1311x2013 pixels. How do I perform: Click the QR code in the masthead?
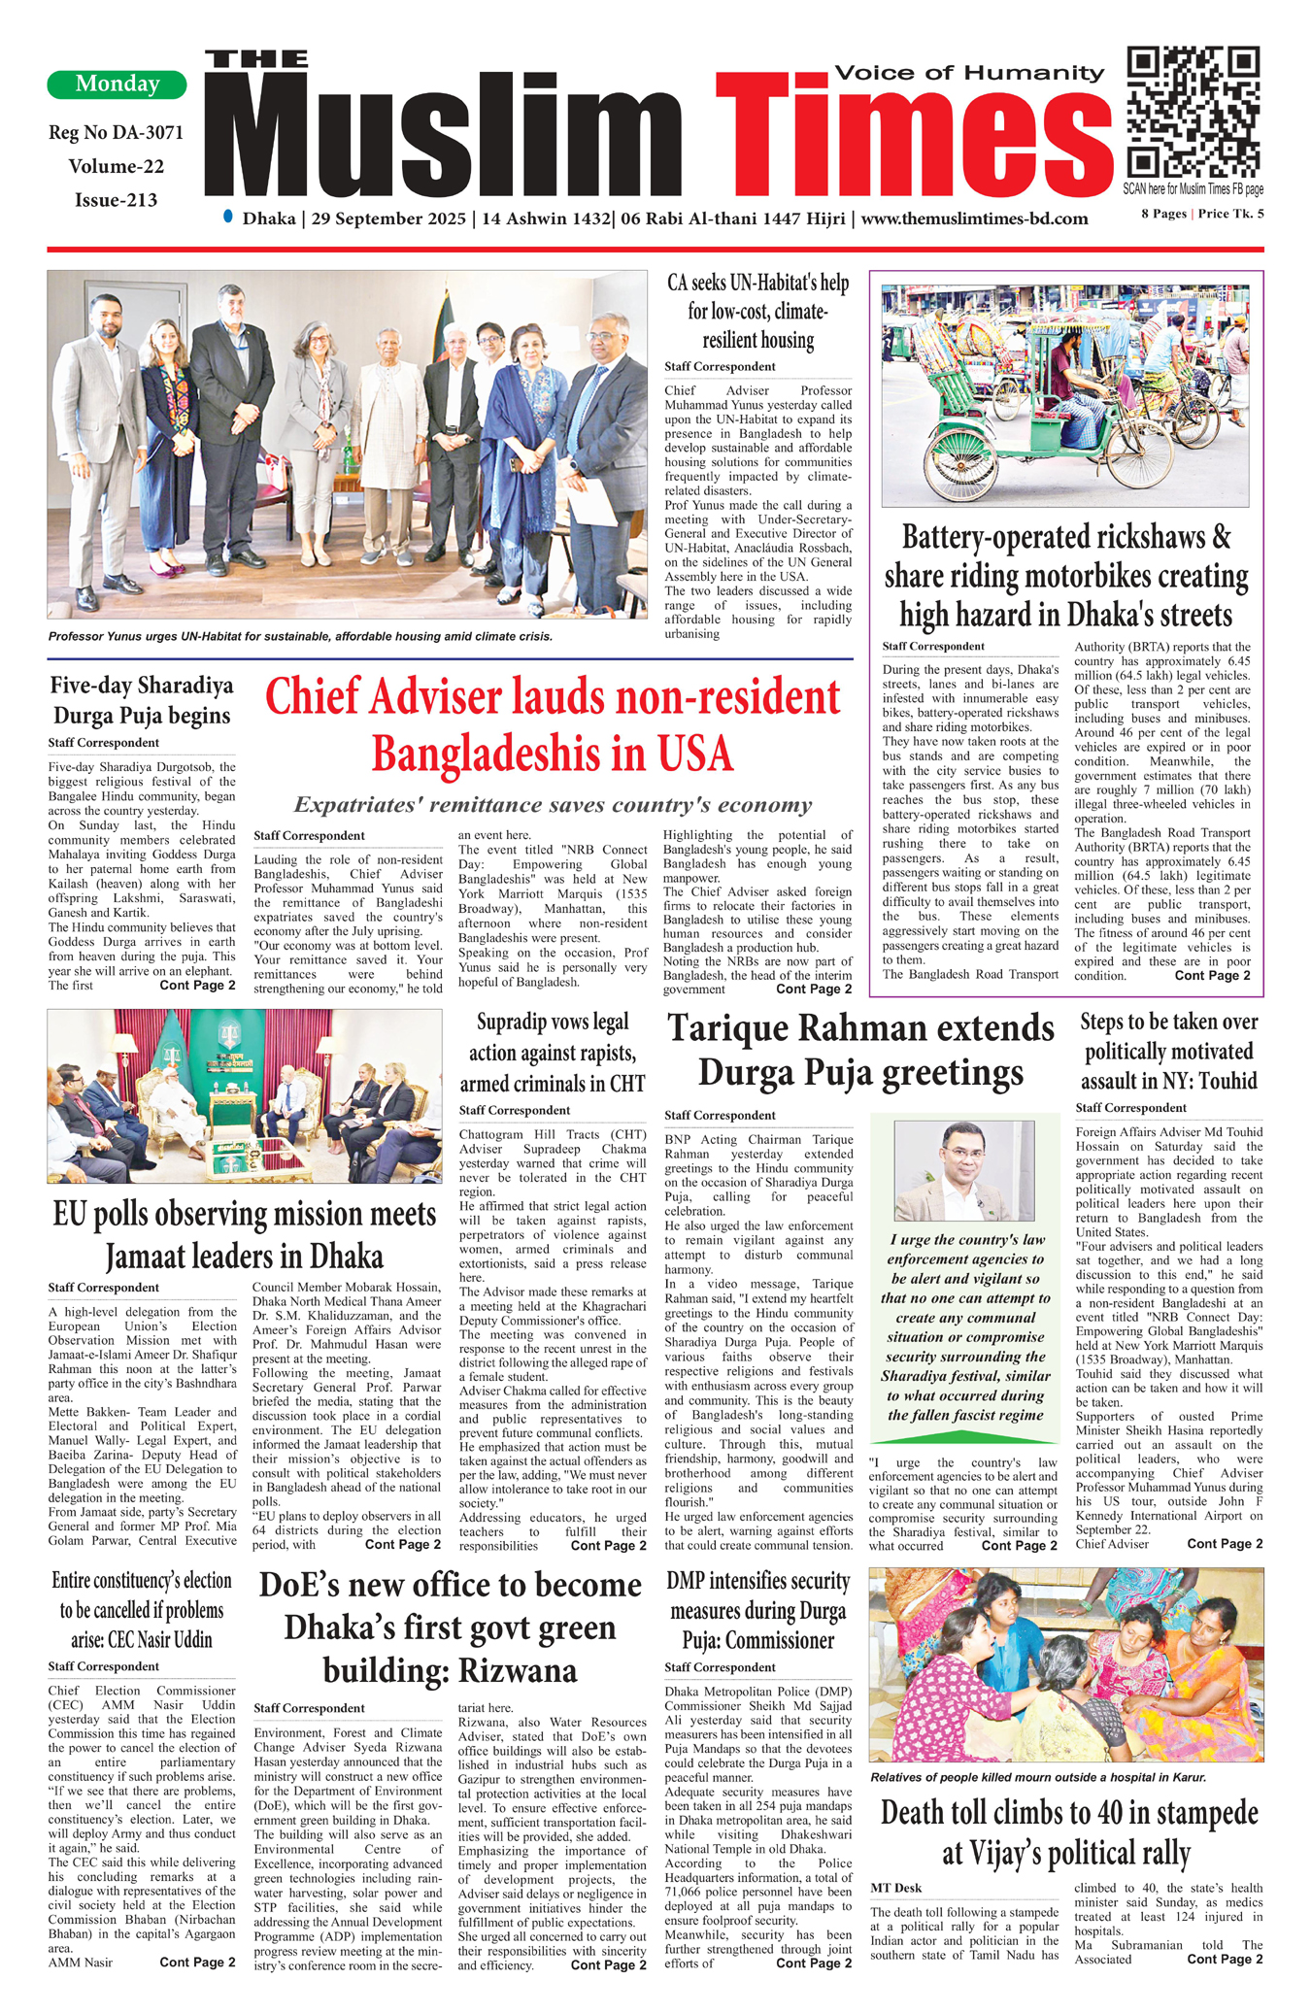click(x=1193, y=112)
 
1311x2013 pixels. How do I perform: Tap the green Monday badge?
click(x=117, y=84)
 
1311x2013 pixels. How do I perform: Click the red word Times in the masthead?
click(x=913, y=135)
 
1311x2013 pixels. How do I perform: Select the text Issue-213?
click(x=116, y=200)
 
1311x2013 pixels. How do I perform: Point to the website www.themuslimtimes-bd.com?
click(x=974, y=219)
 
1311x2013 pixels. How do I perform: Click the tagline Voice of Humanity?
click(x=969, y=73)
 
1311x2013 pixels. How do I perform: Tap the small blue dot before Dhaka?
click(x=228, y=217)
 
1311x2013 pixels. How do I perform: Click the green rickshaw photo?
click(x=1064, y=395)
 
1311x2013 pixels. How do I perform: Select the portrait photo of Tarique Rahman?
click(x=963, y=1170)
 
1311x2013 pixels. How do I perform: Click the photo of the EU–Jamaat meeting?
click(x=245, y=1095)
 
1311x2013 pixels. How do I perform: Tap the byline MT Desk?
click(x=895, y=1888)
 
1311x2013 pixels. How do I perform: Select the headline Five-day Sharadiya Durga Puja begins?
click(x=142, y=700)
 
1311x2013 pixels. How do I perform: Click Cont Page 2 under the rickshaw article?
click(x=1212, y=975)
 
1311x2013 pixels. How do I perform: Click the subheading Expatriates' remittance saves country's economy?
click(x=553, y=805)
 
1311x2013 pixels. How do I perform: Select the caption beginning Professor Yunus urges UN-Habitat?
click(x=300, y=637)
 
